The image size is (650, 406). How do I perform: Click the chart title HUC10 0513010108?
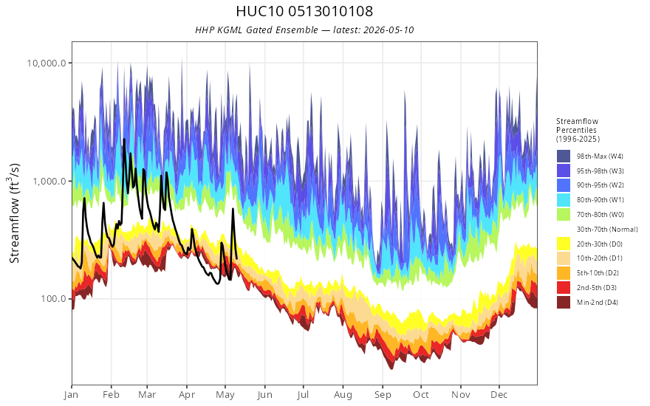pos(304,11)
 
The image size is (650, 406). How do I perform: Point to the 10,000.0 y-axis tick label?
pos(47,63)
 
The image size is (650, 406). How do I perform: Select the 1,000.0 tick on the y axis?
pos(49,181)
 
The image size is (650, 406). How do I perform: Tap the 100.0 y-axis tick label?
pos(53,299)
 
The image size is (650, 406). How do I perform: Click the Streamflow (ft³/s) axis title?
pos(15,213)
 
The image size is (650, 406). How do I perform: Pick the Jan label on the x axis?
pos(72,395)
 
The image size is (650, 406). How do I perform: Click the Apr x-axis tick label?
pos(187,395)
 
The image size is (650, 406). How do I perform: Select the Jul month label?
pos(303,395)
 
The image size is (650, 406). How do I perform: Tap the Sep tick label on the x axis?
pos(383,395)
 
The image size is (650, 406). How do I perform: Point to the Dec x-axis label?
pos(499,395)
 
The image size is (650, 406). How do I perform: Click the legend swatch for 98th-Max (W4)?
pos(564,156)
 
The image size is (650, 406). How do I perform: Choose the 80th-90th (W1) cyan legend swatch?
pos(564,200)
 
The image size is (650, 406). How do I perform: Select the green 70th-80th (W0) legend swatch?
pos(564,215)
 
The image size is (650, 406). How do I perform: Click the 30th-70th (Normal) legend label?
pos(607,229)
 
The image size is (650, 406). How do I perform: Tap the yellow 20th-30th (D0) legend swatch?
pos(564,244)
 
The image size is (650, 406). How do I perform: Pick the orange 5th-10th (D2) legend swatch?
pos(564,273)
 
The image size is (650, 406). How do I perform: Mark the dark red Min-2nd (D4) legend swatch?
pos(564,303)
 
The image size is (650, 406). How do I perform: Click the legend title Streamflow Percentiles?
pos(578,130)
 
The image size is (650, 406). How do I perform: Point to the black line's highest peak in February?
pos(124,140)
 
